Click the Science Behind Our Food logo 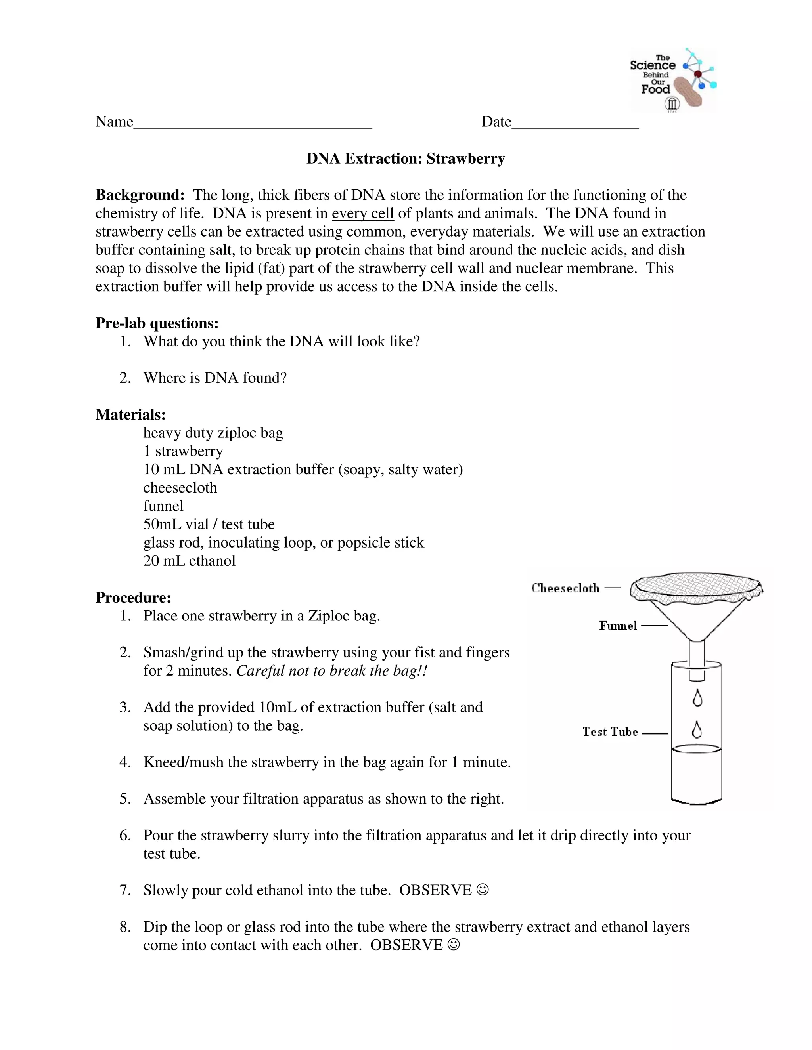coord(672,80)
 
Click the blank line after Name coord(253,124)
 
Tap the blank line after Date coord(575,124)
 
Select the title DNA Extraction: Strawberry coord(406,158)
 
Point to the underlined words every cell coord(363,213)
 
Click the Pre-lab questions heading coord(157,323)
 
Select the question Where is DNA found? coord(214,378)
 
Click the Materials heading coord(130,414)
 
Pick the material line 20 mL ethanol coord(189,561)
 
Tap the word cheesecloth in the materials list coord(180,487)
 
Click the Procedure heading coord(133,597)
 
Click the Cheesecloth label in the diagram coord(565,588)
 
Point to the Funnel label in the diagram coord(618,626)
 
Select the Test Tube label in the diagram coord(610,732)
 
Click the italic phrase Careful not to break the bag coord(331,671)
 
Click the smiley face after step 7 coord(483,890)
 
